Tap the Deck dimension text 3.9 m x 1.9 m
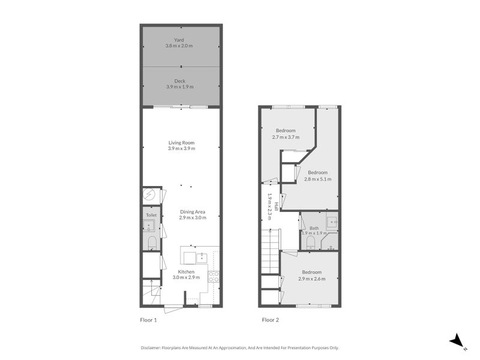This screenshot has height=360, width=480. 181,87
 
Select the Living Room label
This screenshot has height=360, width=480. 181,143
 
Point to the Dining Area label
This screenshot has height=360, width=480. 193,211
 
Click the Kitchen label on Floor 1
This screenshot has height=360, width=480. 185,272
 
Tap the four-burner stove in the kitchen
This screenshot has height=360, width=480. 213,277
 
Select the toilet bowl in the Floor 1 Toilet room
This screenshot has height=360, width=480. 151,242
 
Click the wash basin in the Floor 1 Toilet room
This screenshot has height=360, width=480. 150,226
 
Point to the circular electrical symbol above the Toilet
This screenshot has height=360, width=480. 150,194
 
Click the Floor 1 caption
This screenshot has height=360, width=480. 144,320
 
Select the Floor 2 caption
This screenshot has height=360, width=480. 270,320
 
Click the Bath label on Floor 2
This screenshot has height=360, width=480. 314,228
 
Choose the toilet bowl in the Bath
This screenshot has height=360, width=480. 310,242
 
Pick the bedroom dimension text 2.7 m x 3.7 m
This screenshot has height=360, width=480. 286,137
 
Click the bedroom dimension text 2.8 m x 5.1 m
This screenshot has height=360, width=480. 318,179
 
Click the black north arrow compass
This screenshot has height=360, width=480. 458,341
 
